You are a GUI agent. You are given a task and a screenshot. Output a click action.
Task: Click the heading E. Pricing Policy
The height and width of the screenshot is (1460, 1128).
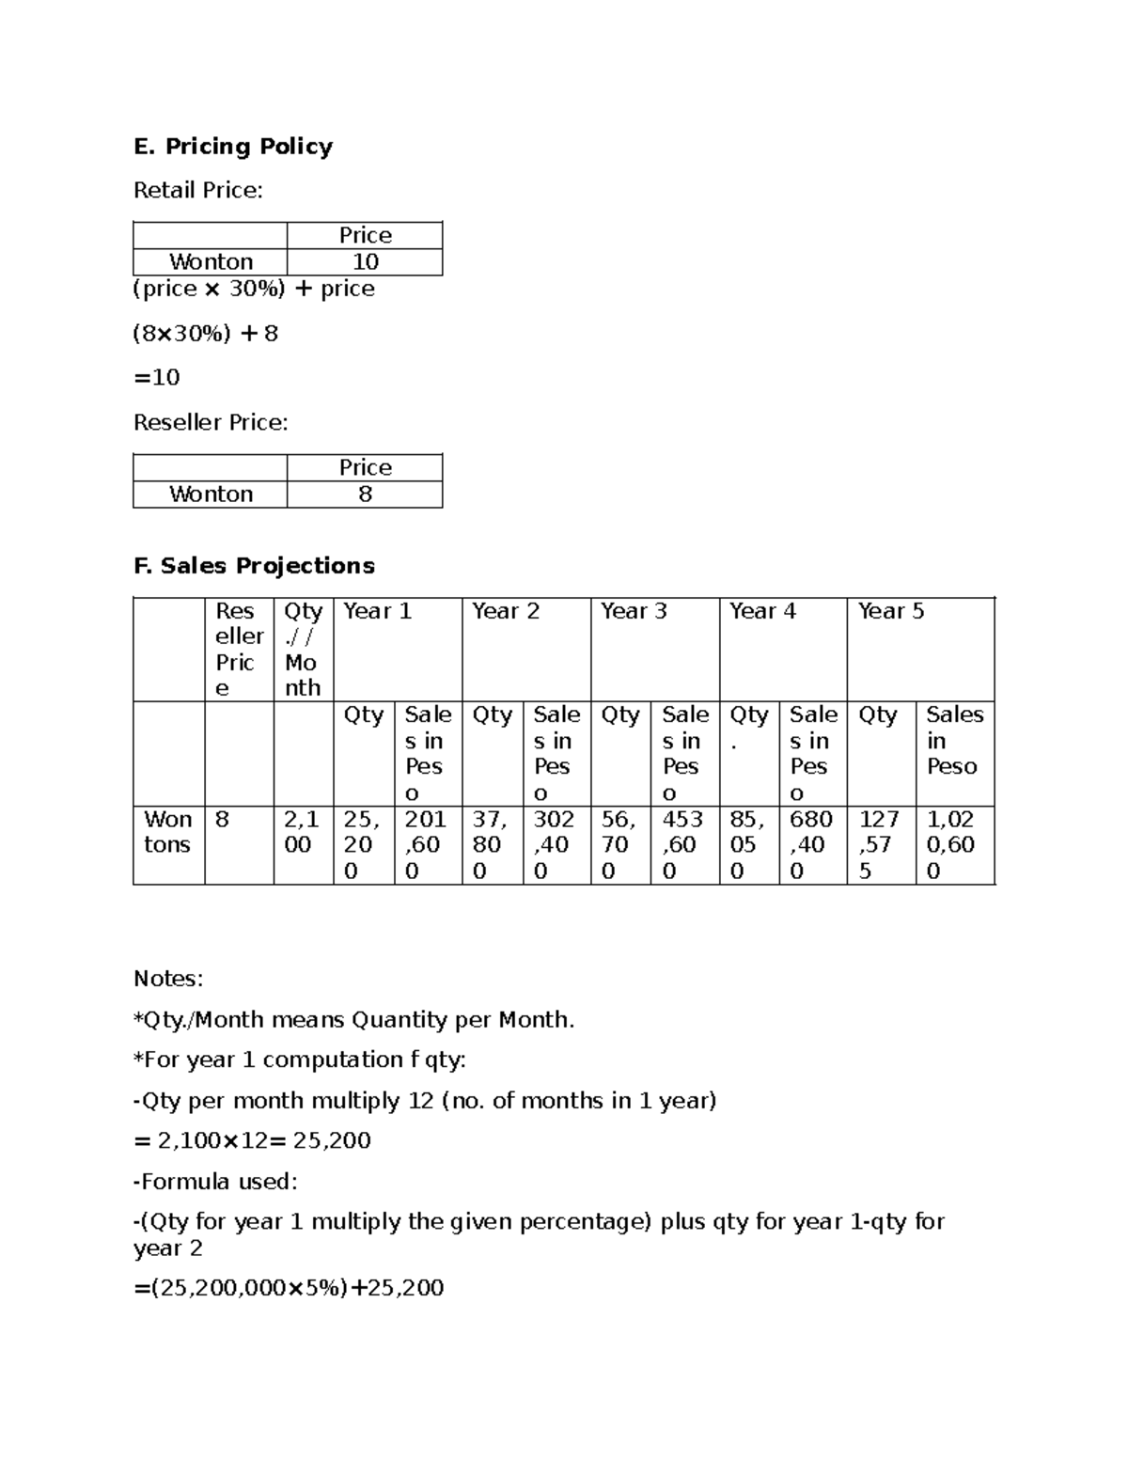(233, 147)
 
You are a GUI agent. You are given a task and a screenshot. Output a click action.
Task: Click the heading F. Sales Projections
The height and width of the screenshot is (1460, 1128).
(254, 566)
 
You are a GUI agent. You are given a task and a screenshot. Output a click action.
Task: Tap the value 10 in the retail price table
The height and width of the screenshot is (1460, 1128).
(365, 262)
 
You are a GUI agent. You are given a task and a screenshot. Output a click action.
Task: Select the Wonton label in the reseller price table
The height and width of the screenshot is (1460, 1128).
(211, 495)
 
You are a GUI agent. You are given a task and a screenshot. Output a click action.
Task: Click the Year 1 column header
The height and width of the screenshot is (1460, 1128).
(377, 612)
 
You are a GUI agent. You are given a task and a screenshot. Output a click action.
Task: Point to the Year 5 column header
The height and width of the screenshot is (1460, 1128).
(890, 612)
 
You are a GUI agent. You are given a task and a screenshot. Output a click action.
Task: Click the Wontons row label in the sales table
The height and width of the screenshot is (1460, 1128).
(167, 833)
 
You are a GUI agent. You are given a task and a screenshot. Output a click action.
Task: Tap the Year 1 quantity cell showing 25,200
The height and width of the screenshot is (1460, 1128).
(363, 845)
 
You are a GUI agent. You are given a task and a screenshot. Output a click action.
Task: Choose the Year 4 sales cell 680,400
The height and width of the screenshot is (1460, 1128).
(811, 845)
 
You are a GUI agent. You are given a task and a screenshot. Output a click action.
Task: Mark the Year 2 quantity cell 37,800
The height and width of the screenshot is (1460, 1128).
(491, 845)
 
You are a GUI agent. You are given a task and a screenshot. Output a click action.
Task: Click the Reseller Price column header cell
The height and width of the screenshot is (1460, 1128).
(239, 650)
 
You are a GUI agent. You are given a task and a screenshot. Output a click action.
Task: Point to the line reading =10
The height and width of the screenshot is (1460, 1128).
(157, 378)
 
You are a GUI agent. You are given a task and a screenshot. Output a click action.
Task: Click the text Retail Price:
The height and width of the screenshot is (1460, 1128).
(198, 191)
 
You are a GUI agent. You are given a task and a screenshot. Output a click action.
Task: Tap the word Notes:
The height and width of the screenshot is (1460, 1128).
(168, 980)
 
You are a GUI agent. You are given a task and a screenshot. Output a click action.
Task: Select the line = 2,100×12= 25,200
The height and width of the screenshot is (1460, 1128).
(253, 1141)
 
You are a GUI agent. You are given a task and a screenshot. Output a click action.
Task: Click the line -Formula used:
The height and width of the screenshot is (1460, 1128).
(215, 1182)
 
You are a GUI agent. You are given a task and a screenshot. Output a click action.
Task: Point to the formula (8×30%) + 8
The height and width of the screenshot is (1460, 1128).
(206, 334)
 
